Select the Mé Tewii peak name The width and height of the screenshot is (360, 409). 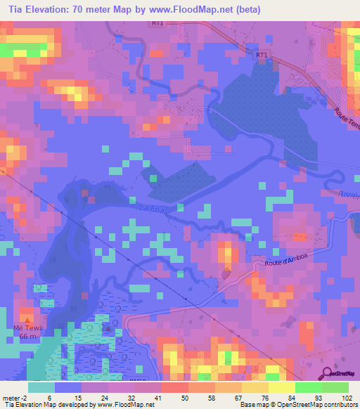click(x=27, y=327)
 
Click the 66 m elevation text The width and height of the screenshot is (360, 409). click(x=27, y=337)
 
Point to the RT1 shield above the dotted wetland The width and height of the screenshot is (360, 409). click(x=262, y=54)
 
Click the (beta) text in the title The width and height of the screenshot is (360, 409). click(x=228, y=10)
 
